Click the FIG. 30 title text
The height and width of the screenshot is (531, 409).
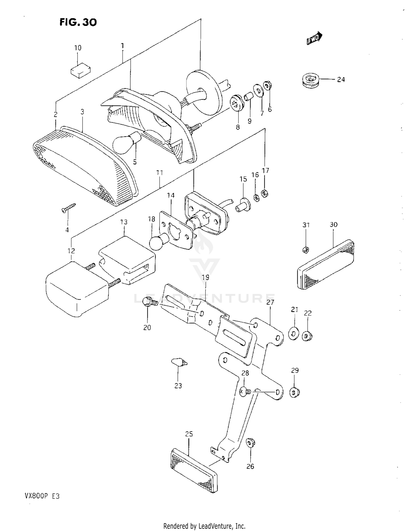78,22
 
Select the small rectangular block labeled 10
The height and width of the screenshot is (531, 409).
80,71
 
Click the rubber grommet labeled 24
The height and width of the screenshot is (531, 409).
311,80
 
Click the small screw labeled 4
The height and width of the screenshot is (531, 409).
68,208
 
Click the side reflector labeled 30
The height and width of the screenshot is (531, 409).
325,265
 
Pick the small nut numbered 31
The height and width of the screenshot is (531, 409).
306,249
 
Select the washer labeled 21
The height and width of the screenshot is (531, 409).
294,334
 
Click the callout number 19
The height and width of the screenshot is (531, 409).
205,277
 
